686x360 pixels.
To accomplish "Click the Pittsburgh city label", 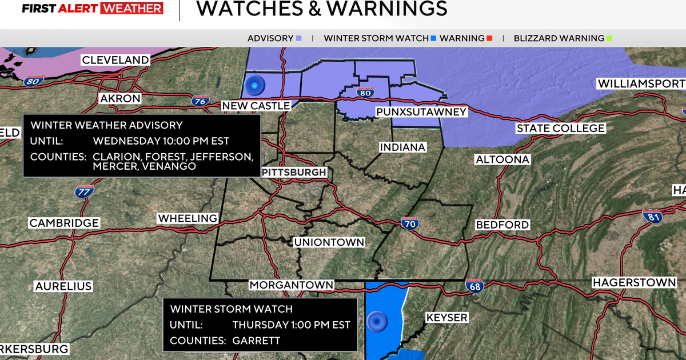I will pos(294,172).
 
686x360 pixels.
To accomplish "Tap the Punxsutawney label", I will pos(421,111).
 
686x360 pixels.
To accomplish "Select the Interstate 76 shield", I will pos(199,101).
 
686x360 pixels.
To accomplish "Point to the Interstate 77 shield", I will pos(83,192).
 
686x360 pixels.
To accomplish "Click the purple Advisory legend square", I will pos(299,38).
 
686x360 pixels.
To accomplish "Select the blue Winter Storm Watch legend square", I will pos(434,38).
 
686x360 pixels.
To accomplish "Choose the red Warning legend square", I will pos(489,38).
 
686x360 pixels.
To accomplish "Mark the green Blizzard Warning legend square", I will pos(609,38).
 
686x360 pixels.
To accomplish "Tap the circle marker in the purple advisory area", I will pos(253,86).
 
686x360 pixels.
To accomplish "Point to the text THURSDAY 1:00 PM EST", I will pos(291,325).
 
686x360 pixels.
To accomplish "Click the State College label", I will pos(560,129).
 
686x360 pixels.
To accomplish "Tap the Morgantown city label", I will pos(292,285).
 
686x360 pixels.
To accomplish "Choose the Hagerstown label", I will pos(634,282).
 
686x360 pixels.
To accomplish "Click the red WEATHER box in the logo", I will pos(131,9).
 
